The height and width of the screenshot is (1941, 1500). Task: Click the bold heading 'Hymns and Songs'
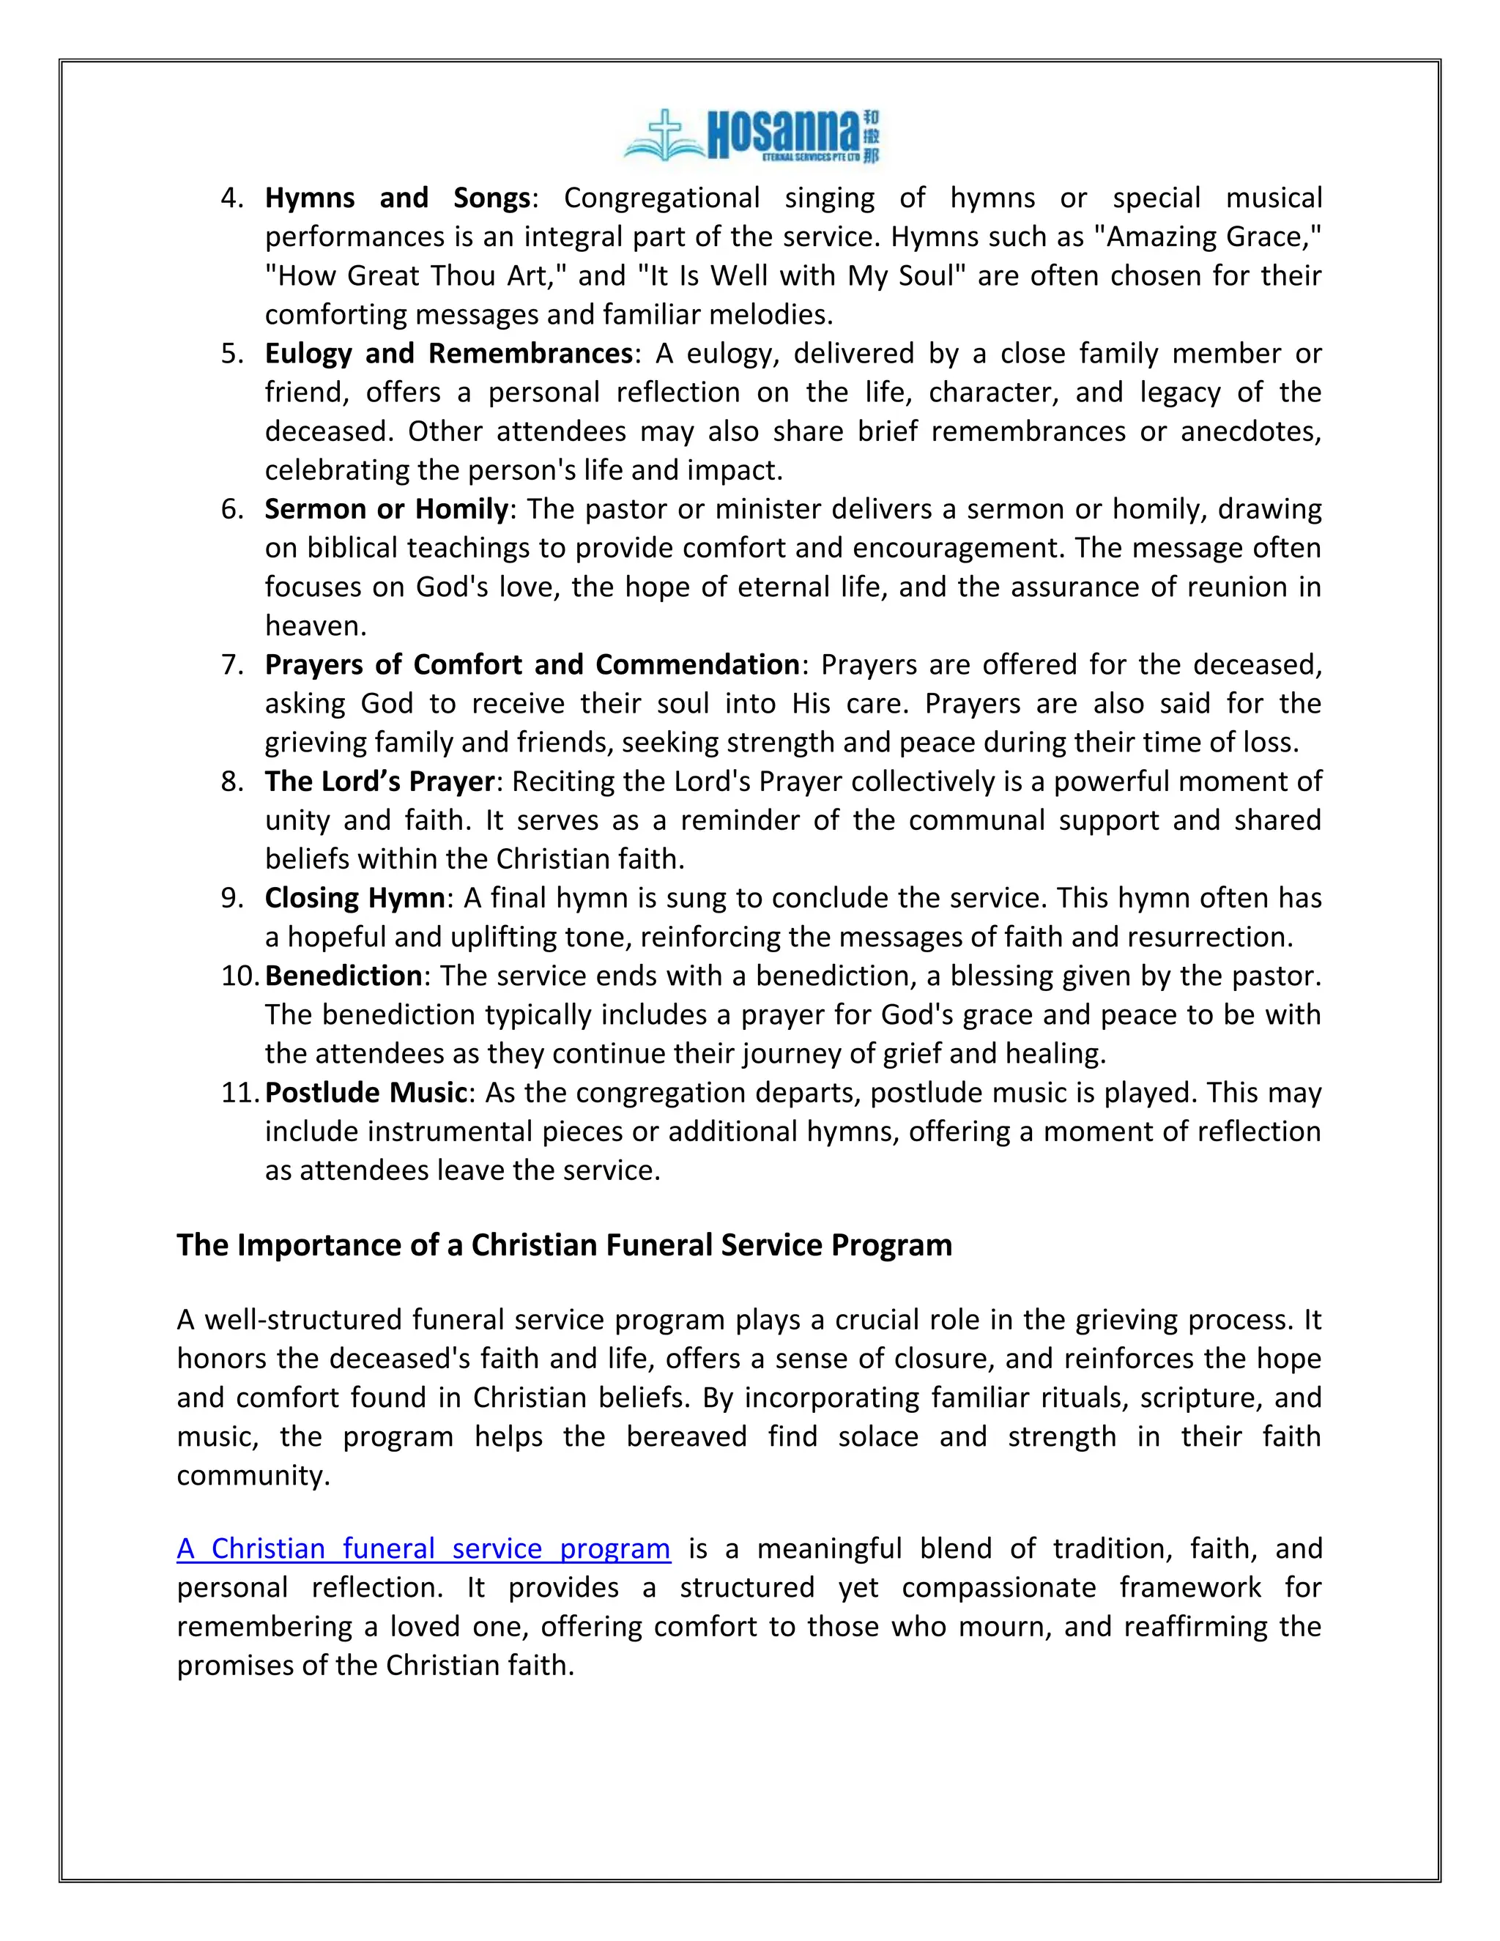pyautogui.click(x=397, y=197)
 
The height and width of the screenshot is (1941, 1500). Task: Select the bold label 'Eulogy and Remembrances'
pyautogui.click(x=448, y=353)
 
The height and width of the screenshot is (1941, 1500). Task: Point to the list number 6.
pyautogui.click(x=232, y=508)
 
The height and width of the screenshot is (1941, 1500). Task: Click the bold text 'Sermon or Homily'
pyautogui.click(x=386, y=508)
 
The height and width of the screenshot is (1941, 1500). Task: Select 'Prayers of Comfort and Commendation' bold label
pyautogui.click(x=532, y=664)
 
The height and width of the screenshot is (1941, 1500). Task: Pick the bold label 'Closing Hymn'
pyautogui.click(x=354, y=898)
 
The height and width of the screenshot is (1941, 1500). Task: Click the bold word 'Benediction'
pyautogui.click(x=343, y=976)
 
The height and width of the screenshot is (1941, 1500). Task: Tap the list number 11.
pyautogui.click(x=238, y=1092)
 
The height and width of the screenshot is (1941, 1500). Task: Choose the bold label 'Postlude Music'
pyautogui.click(x=365, y=1092)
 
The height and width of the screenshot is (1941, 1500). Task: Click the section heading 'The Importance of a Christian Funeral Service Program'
pyautogui.click(x=563, y=1245)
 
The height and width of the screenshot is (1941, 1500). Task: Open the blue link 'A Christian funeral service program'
pyautogui.click(x=423, y=1549)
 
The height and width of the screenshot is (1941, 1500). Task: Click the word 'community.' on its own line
pyautogui.click(x=253, y=1475)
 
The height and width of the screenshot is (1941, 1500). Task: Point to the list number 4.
pyautogui.click(x=232, y=197)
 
